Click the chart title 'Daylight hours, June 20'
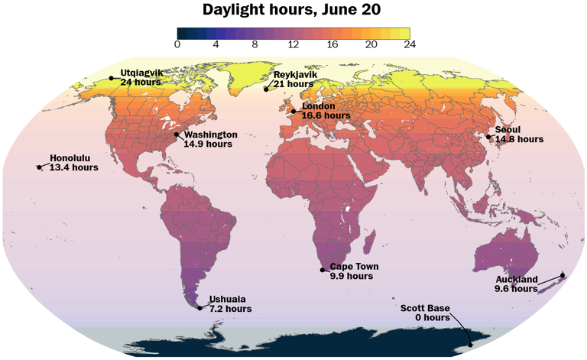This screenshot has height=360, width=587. coord(293,10)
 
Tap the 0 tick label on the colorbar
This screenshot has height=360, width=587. coord(177,45)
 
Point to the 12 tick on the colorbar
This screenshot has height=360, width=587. coord(293,45)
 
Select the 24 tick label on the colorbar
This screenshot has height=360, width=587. coord(410,45)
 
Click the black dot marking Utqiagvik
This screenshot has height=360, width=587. coord(112,77)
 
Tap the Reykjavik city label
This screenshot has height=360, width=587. coord(295,74)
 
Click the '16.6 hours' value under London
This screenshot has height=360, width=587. coord(326,115)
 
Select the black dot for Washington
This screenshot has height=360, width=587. coord(177,135)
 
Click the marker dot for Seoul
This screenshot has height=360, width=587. coord(489,137)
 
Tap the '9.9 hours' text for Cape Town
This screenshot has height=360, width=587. coord(351,276)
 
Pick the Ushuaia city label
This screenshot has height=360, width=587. coord(228,300)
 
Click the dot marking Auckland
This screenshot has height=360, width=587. coord(563,275)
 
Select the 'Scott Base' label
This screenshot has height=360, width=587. coord(425,308)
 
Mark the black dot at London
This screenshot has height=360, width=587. coord(293,111)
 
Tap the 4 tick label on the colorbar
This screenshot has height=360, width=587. coord(216,45)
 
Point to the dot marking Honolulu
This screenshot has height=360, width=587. coord(39,167)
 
